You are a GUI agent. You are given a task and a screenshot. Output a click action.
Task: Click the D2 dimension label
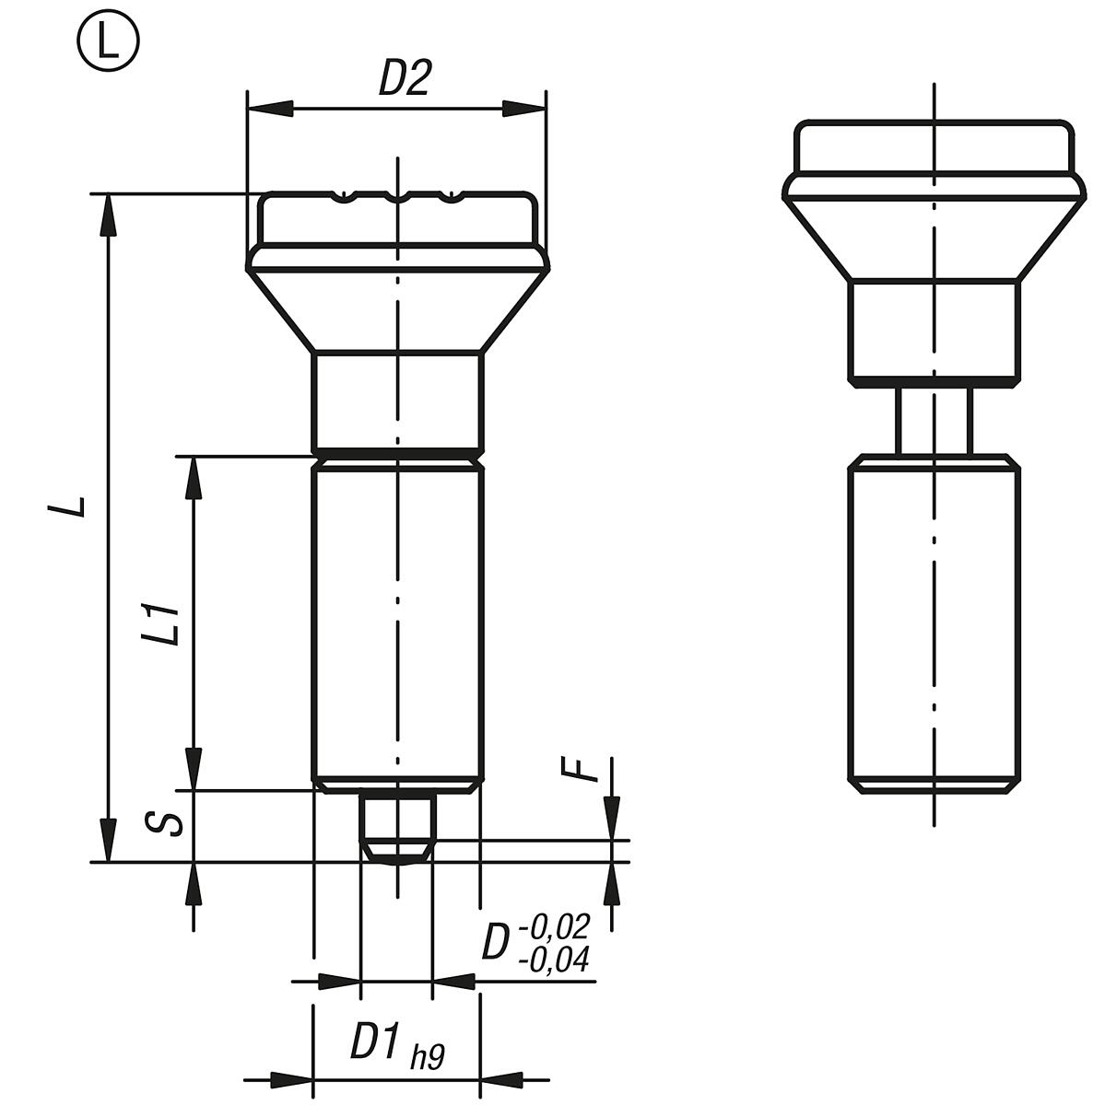(405, 80)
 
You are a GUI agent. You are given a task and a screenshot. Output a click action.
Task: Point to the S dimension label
(166, 821)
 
